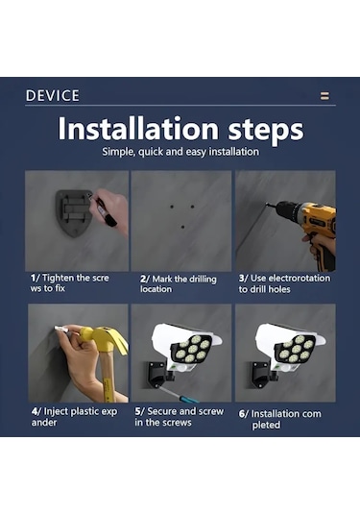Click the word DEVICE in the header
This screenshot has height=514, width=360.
[x=53, y=96]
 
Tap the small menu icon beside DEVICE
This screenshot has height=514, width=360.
[x=324, y=96]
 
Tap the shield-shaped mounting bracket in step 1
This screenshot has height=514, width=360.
[x=73, y=212]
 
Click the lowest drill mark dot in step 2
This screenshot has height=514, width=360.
[x=182, y=227]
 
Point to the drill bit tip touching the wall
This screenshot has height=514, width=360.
[x=267, y=205]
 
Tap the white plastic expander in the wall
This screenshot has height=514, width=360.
[x=61, y=329]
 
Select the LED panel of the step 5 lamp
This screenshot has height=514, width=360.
[x=192, y=349]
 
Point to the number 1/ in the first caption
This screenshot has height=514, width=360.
[x=35, y=278]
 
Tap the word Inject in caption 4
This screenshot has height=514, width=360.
[x=56, y=412]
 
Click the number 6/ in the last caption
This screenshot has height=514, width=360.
[x=243, y=414]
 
